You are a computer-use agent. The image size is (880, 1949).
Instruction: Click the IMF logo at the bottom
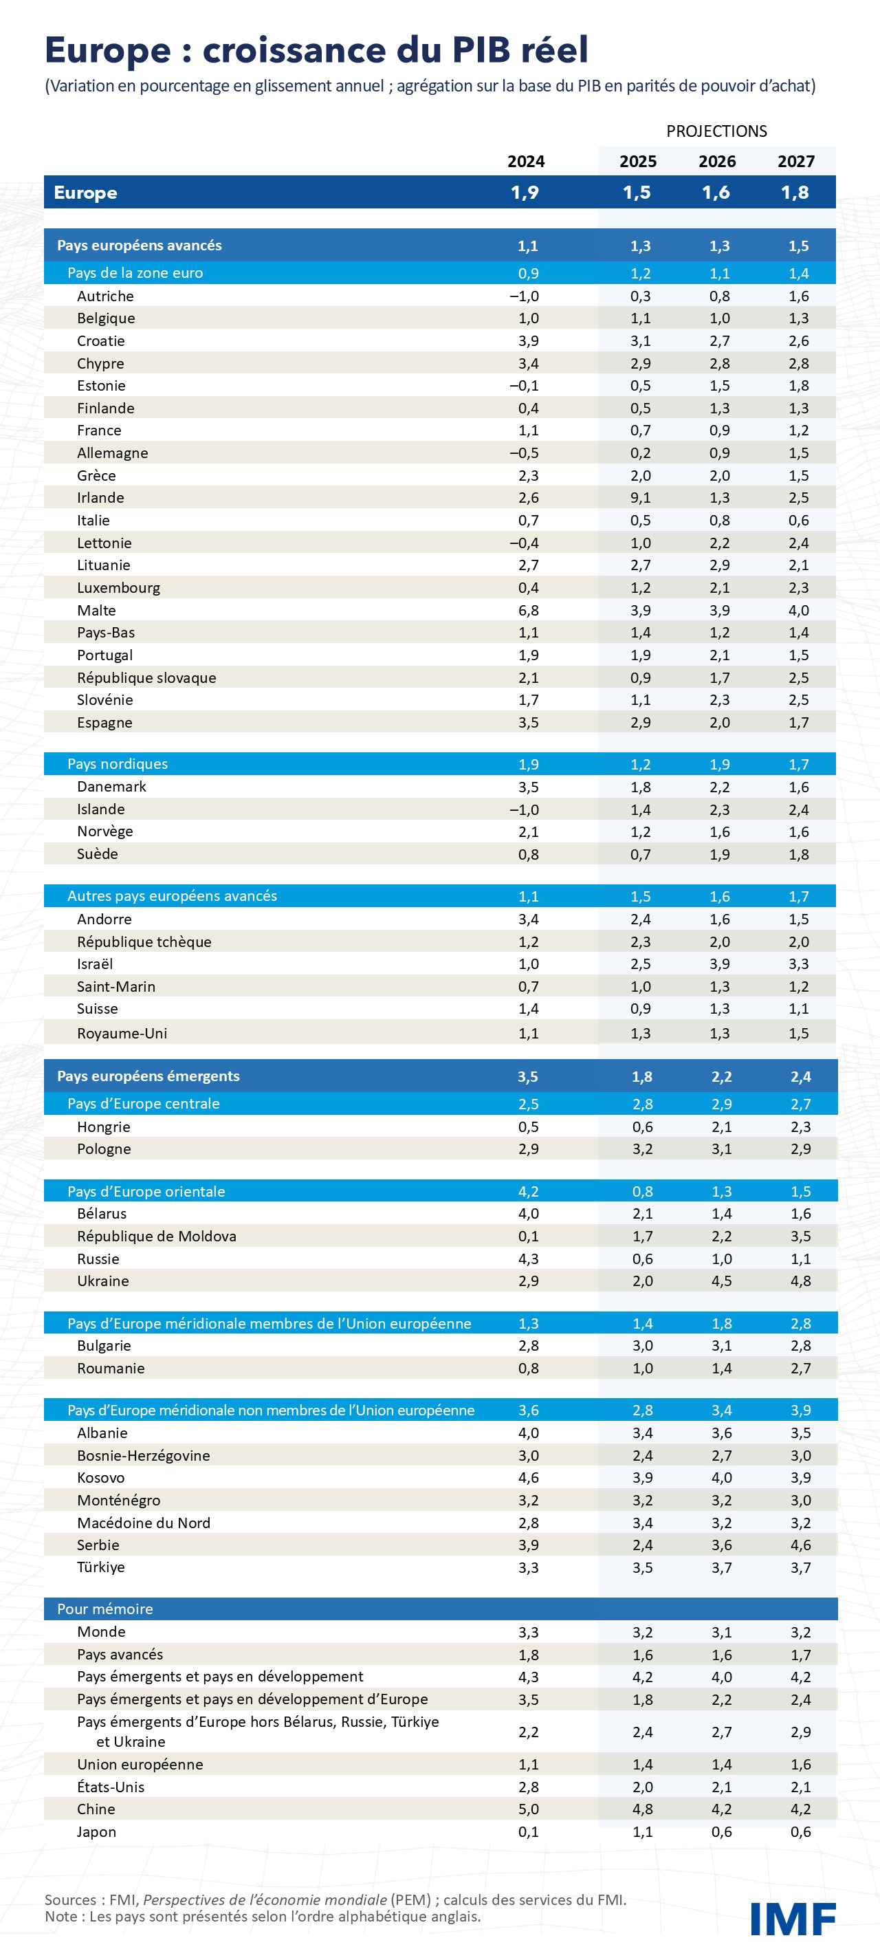click(x=792, y=1918)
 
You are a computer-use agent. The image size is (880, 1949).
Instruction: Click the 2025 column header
click(x=638, y=161)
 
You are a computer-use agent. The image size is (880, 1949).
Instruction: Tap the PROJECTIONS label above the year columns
click(x=716, y=131)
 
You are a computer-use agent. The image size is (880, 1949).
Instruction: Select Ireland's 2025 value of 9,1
click(x=640, y=498)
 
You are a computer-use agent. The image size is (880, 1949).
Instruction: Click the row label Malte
click(x=96, y=610)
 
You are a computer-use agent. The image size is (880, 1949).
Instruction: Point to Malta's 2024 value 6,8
click(x=528, y=610)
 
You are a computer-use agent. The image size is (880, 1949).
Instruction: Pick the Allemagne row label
click(x=112, y=453)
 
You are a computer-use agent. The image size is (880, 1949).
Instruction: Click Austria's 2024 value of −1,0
click(x=525, y=296)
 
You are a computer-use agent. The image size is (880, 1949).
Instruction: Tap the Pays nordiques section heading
click(x=118, y=764)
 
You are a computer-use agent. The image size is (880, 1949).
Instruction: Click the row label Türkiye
click(x=100, y=1567)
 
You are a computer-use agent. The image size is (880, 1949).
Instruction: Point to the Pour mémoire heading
click(x=104, y=1609)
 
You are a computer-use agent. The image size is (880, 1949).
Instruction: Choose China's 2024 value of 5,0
click(x=528, y=1808)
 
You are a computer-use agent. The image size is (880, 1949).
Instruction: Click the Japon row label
click(x=96, y=1831)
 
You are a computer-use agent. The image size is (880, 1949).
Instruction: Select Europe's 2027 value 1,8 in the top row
click(x=795, y=192)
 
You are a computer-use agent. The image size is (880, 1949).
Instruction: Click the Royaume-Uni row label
click(x=122, y=1033)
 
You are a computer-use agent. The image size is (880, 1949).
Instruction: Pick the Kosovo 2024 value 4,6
click(x=528, y=1478)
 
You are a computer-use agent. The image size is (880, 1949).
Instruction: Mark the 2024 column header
click(x=526, y=161)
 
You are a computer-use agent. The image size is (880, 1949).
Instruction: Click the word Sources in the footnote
click(x=69, y=1899)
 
